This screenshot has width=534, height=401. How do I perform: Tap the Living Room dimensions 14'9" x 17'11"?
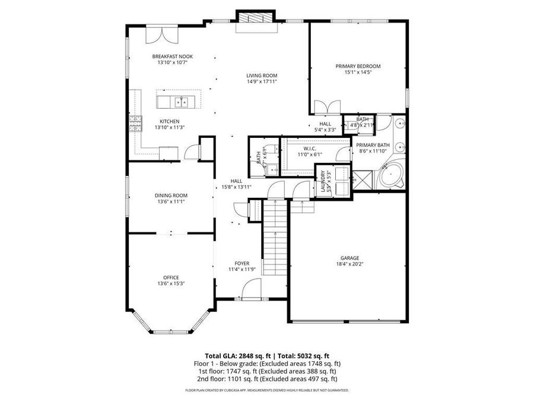262,82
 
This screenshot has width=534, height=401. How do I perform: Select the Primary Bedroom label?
358,66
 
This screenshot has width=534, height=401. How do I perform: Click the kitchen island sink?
180,102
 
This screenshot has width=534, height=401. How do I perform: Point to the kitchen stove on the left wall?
135,124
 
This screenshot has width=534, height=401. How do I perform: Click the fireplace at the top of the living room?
255,24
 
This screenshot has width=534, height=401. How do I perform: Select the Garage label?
349,258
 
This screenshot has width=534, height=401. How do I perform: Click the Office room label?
171,277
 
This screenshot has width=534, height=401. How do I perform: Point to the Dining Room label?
171,195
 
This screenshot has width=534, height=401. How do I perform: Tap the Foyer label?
241,263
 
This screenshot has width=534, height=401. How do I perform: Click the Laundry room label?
323,180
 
